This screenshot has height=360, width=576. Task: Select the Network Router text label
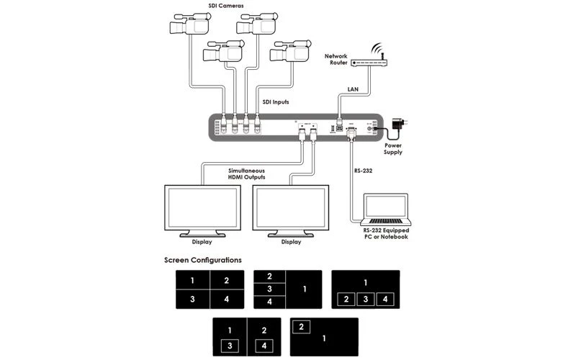pyautogui.click(x=336, y=59)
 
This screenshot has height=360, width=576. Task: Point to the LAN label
pyautogui.click(x=353, y=89)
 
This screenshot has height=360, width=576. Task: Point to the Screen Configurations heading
pyautogui.click(x=202, y=260)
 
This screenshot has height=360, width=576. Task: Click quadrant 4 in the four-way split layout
pyautogui.click(x=226, y=298)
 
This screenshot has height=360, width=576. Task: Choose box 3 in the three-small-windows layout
pyautogui.click(x=366, y=298)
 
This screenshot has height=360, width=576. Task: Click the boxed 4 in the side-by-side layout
pyautogui.click(x=264, y=346)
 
